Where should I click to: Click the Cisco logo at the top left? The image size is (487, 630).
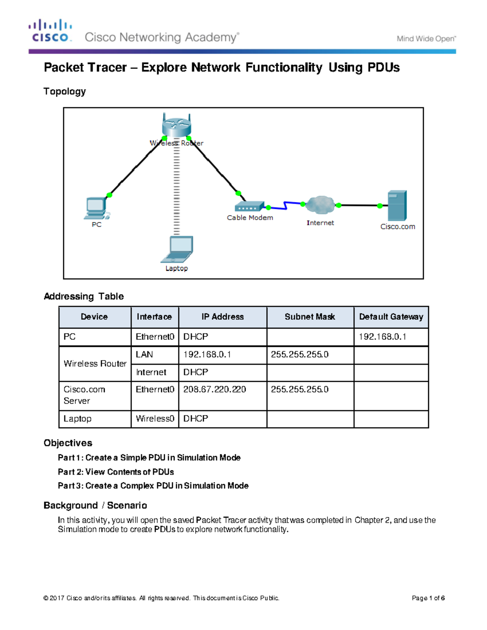[50, 31]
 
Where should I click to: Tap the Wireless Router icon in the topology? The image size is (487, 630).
[176, 126]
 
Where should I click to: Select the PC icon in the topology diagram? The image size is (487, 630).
[96, 208]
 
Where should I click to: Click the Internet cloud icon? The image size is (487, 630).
[321, 205]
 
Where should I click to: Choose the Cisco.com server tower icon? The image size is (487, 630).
[396, 205]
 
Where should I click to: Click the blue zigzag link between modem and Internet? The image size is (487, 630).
[286, 206]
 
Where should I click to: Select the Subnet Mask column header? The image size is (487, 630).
[310, 317]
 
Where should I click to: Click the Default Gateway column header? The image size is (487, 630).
[391, 317]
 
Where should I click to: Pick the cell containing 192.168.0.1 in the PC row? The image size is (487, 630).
[382, 337]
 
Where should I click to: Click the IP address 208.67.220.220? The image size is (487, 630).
[215, 389]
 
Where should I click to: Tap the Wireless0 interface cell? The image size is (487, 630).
[155, 419]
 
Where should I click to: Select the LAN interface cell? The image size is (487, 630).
[144, 355]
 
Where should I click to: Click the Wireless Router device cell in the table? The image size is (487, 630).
[95, 363]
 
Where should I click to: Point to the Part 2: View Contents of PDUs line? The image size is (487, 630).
[116, 472]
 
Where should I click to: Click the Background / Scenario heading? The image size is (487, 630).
[95, 505]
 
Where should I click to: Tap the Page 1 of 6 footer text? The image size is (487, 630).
[428, 598]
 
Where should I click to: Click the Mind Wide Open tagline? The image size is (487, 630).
[426, 39]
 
